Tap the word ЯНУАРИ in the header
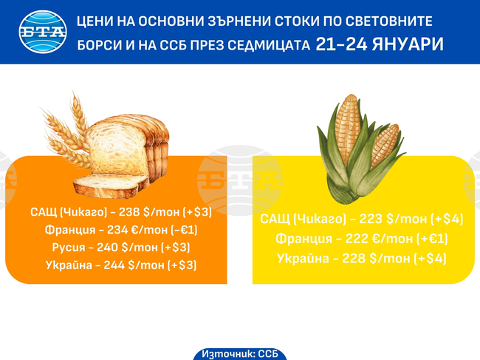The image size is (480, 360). pos(408,44)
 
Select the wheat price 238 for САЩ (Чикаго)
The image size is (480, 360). pos(129,212)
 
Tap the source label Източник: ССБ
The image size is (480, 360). pos(239,353)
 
